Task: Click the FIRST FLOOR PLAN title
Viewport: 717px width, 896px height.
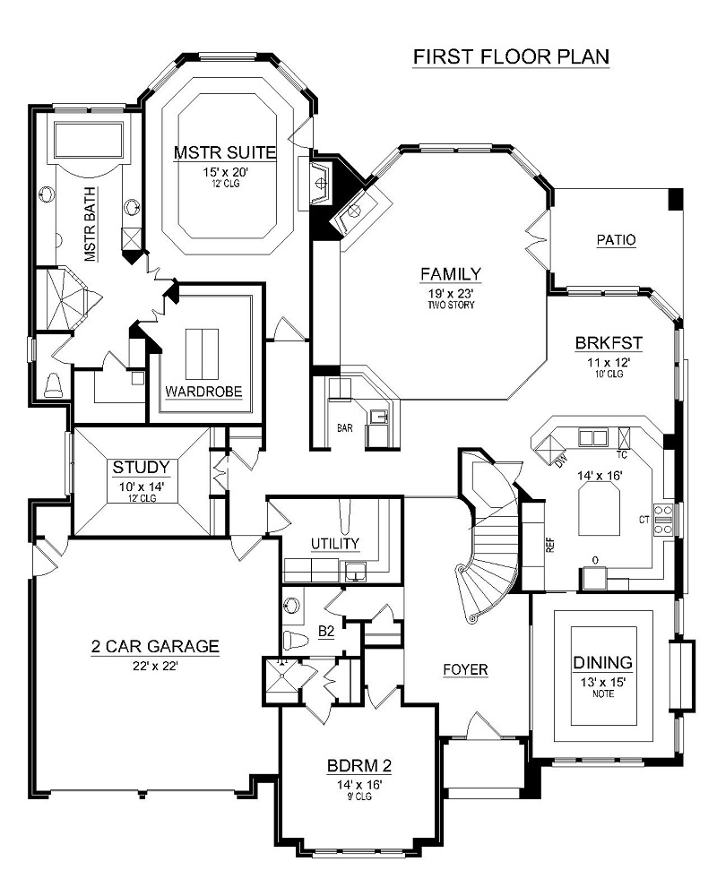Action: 511,56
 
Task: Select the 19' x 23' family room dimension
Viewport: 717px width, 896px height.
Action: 451,292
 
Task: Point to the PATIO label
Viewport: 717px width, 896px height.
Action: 616,240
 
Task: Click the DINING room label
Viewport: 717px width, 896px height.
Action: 602,663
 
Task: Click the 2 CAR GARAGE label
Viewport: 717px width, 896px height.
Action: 155,645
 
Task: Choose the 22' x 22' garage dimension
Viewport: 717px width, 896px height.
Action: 155,664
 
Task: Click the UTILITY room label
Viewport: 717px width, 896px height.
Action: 335,543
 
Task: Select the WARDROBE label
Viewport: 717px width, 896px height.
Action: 203,392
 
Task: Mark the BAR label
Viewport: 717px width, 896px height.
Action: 345,428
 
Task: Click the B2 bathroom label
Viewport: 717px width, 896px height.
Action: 327,632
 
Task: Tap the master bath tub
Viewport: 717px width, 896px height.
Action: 88,142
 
